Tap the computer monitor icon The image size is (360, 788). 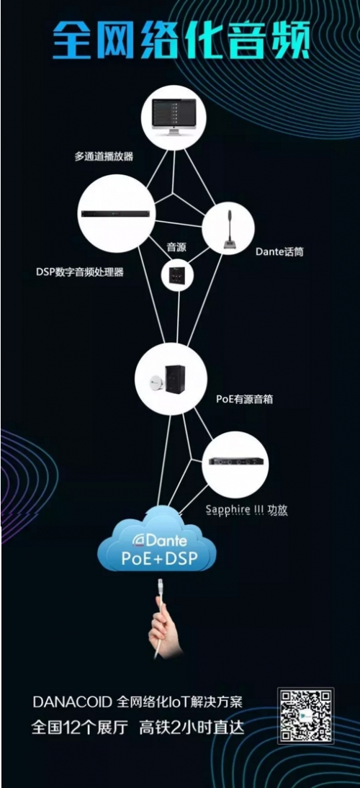click(174, 117)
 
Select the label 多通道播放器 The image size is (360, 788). click(104, 156)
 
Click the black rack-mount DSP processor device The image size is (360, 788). click(116, 214)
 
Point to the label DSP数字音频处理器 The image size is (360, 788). click(80, 272)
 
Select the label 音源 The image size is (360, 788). click(174, 247)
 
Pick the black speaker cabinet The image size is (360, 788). click(175, 378)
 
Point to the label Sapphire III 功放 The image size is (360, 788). click(246, 510)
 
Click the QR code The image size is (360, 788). click(306, 716)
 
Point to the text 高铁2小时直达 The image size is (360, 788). click(192, 727)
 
